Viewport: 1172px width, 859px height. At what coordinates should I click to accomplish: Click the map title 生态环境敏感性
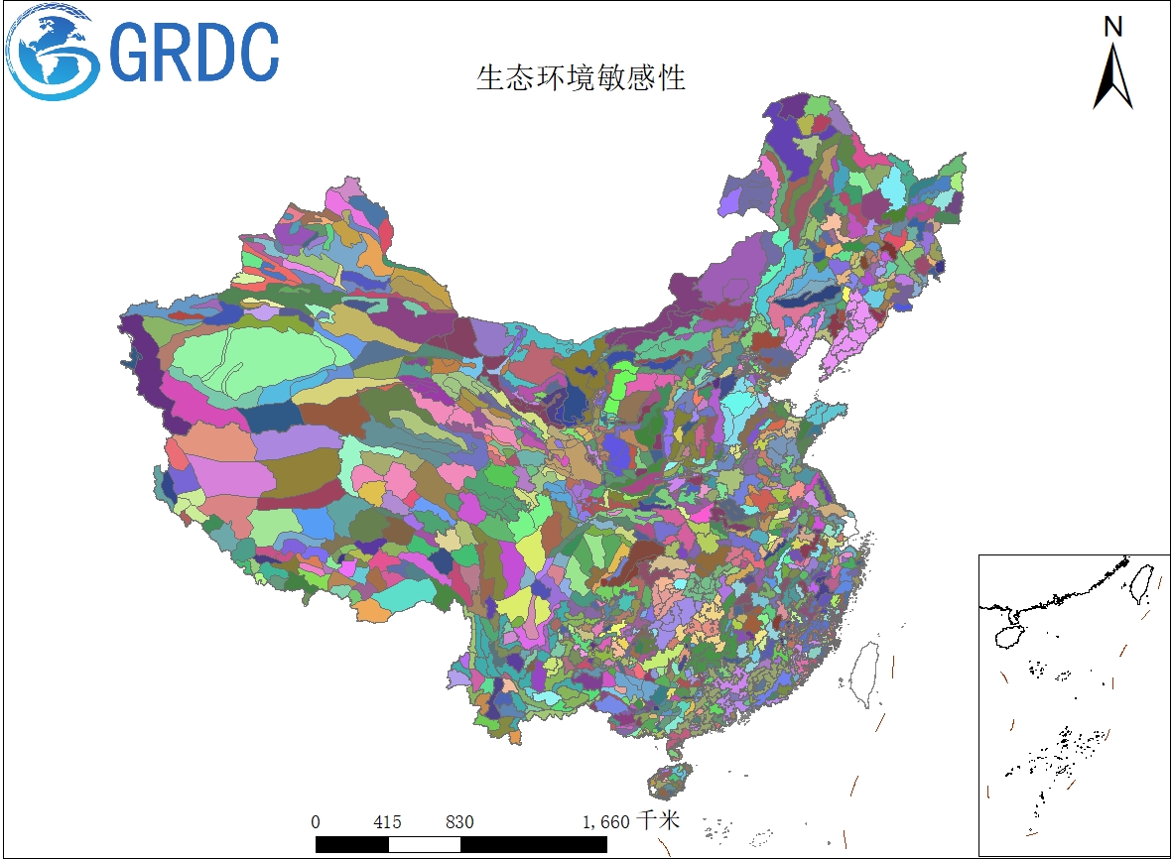click(581, 77)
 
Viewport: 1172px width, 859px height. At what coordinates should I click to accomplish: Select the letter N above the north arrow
click(1113, 27)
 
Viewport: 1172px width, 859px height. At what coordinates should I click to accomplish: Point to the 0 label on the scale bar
click(316, 821)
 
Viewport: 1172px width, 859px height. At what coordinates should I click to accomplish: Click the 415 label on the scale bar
click(387, 821)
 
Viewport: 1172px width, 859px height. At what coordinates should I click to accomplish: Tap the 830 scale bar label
click(459, 821)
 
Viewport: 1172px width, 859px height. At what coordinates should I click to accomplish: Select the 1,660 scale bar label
click(605, 821)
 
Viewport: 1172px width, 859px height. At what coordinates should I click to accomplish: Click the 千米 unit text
click(659, 820)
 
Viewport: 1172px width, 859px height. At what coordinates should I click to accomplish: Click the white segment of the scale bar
click(424, 844)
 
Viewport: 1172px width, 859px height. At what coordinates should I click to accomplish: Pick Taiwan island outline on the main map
click(866, 674)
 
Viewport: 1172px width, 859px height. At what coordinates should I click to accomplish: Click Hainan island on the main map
click(669, 781)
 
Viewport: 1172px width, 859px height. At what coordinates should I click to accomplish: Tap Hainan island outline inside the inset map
click(1010, 631)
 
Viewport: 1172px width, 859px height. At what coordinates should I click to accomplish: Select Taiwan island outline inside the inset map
click(1141, 583)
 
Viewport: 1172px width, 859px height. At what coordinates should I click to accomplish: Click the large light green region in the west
click(248, 362)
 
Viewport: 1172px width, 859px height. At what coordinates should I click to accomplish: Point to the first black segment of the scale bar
click(351, 844)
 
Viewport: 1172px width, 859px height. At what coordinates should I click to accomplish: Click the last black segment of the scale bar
click(533, 844)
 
